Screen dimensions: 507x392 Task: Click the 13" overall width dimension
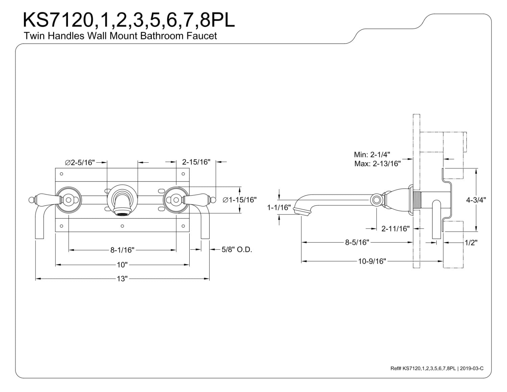(122, 279)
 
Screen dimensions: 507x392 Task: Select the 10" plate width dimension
(122, 265)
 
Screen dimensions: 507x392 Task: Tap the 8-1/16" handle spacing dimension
(122, 250)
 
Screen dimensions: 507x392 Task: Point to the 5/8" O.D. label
(237, 250)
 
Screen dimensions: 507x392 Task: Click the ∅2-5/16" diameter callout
(80, 162)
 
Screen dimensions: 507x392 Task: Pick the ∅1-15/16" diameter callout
(240, 200)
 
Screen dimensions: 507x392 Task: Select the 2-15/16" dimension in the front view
(196, 162)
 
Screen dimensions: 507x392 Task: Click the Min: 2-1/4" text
(372, 155)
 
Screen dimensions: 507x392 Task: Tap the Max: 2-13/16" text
(377, 164)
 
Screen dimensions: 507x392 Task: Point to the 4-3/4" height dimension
(476, 200)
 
